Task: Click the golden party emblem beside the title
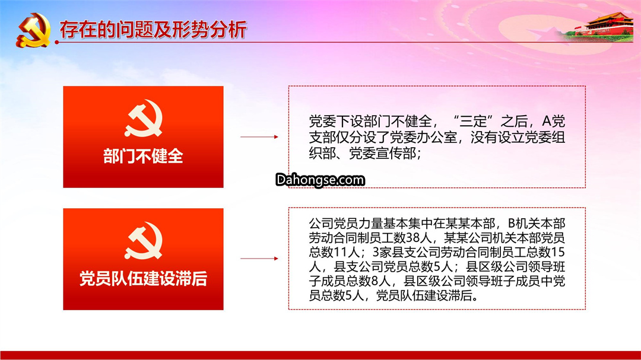[x=33, y=30]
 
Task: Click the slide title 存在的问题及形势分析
[x=153, y=30]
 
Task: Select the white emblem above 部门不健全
[x=144, y=119]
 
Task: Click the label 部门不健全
[x=143, y=156]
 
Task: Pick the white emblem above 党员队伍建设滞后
[x=144, y=241]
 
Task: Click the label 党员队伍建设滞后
[x=143, y=279]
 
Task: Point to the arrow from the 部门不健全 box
[x=259, y=137]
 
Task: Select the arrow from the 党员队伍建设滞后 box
[x=259, y=259]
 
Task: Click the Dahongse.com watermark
[x=320, y=180]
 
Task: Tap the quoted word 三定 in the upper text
[x=473, y=122]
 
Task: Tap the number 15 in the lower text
[x=558, y=252]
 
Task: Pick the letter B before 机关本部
[x=512, y=224]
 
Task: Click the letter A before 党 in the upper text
[x=547, y=122]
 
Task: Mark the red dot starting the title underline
[x=57, y=42]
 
